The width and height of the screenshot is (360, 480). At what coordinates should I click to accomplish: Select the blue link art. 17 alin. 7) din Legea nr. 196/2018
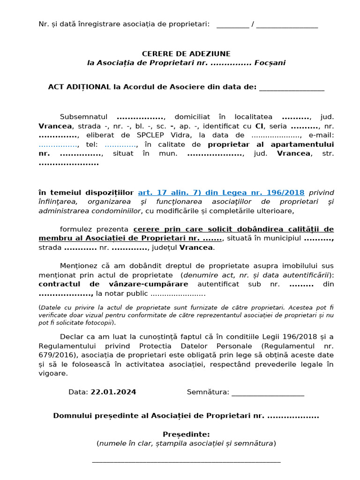(221, 193)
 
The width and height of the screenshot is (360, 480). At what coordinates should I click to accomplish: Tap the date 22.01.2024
(113, 392)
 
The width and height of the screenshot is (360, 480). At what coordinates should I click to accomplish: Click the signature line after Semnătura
(268, 393)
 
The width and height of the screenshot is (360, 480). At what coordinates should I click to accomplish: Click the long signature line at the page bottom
(186, 461)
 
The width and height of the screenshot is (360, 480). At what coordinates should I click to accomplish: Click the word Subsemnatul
(84, 117)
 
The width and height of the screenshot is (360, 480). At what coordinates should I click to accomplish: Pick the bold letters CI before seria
(259, 126)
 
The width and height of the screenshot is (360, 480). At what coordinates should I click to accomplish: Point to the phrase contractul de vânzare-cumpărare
(113, 285)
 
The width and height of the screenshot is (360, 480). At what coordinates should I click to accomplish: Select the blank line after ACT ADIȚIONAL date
(291, 88)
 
